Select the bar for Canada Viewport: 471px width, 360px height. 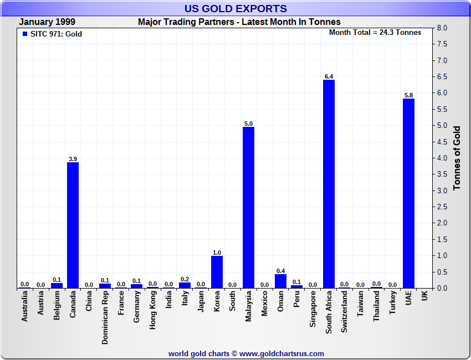click(73, 225)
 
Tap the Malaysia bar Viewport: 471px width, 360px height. click(248, 207)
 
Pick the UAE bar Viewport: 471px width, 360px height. click(408, 193)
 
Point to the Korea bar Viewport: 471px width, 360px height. click(217, 272)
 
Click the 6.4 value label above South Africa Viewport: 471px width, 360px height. click(329, 76)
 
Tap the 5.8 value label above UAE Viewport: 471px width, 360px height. click(408, 95)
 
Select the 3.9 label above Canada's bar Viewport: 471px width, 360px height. click(73, 159)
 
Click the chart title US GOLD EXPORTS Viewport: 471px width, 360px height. click(236, 8)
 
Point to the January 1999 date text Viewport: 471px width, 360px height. click(47, 22)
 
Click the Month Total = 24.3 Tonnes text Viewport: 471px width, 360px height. click(375, 33)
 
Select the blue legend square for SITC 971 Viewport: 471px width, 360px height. click(25, 34)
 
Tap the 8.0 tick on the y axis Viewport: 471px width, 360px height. click(442, 28)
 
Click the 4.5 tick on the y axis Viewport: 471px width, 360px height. click(442, 142)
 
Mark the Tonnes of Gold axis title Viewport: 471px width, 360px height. click(457, 158)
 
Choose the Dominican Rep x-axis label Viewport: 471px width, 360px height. click(105, 317)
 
